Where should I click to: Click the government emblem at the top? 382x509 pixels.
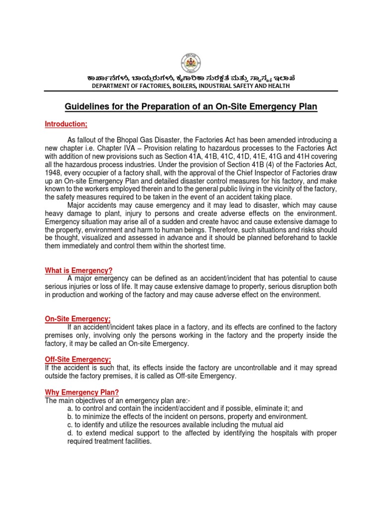(x=191, y=64)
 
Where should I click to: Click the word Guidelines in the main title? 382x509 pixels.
(x=88, y=107)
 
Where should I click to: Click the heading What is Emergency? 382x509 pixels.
(x=79, y=270)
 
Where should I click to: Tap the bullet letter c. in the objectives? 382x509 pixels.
(x=70, y=425)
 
